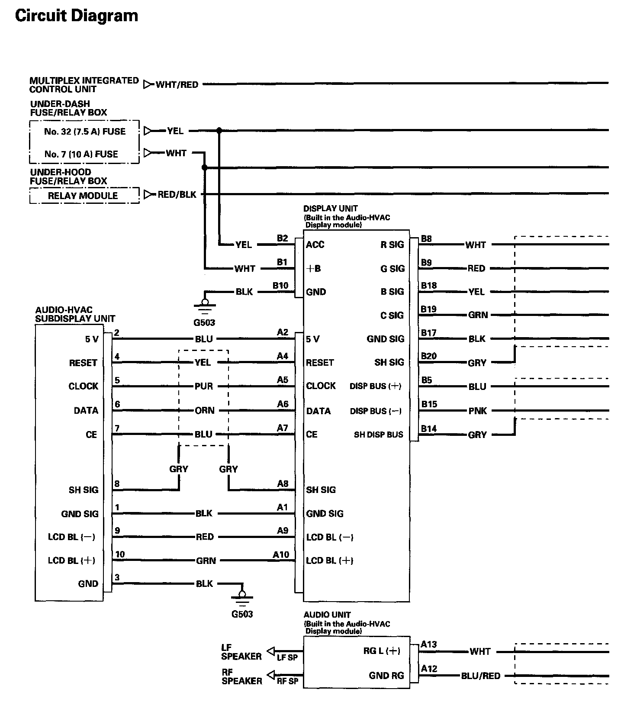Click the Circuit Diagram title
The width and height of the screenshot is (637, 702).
(77, 16)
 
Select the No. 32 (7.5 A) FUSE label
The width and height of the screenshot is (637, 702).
(85, 132)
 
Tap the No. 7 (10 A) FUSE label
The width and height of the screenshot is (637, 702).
(81, 154)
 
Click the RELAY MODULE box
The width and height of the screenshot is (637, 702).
(83, 196)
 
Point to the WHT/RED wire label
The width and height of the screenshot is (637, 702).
(177, 84)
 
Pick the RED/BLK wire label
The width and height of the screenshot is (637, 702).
(177, 195)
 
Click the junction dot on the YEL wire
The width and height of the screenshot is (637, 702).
(219, 130)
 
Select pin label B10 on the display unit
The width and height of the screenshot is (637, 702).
(280, 285)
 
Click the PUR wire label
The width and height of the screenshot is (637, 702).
(203, 386)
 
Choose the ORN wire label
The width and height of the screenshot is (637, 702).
(204, 410)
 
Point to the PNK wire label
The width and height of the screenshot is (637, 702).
(478, 411)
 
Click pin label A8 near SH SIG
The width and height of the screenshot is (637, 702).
(283, 483)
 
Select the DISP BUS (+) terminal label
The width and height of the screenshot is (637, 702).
(375, 386)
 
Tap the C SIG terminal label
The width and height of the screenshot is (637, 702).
(392, 316)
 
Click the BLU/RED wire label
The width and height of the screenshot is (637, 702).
(480, 676)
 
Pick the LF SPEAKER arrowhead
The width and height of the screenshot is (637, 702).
(271, 650)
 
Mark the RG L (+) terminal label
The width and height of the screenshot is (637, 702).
(382, 651)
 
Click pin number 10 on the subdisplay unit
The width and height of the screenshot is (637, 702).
(120, 554)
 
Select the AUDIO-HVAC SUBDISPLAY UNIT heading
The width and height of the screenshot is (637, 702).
(75, 314)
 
